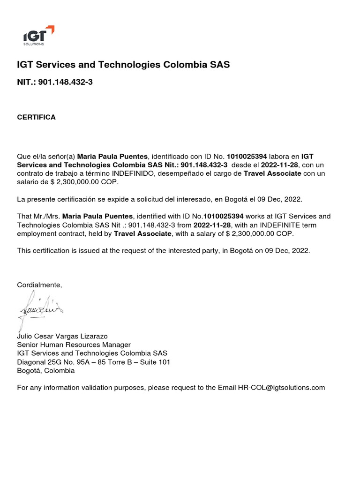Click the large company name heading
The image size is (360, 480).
coord(123,65)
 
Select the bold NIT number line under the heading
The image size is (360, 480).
coord(55,82)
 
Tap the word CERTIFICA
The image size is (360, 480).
coord(36,117)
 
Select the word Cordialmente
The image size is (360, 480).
coord(39,285)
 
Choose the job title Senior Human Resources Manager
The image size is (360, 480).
coord(74,345)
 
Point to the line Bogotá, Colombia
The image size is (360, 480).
coord(45,370)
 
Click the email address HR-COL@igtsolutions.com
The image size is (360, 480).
coord(281,388)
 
